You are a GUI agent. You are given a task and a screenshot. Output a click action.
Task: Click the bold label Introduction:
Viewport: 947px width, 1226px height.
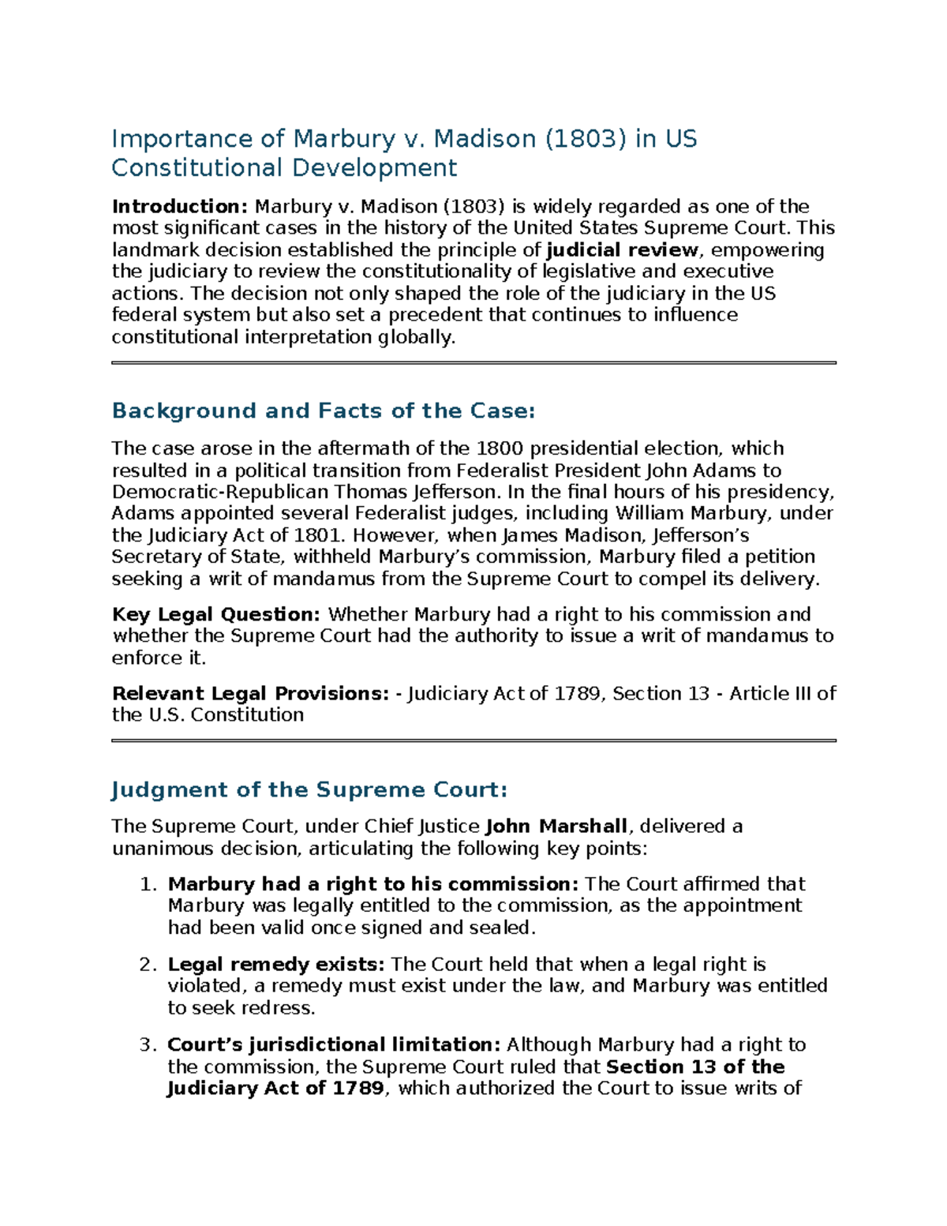pyautogui.click(x=180, y=207)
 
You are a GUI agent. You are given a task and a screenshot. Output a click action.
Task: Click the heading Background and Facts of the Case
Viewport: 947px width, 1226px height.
pyautogui.click(x=323, y=411)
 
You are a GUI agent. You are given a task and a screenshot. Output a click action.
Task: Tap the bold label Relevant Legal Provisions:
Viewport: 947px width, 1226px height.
pyautogui.click(x=250, y=693)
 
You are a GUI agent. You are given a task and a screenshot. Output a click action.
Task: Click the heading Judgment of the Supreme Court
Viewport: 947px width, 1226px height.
pyautogui.click(x=309, y=789)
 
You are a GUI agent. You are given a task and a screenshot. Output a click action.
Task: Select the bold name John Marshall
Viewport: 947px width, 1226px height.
pyautogui.click(x=556, y=827)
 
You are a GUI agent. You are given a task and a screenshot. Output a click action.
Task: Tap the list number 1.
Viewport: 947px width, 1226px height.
pyautogui.click(x=148, y=884)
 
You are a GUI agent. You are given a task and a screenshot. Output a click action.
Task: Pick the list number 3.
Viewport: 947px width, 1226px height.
pyautogui.click(x=148, y=1045)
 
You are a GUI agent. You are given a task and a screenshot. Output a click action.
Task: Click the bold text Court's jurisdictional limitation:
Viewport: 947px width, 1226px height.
pyautogui.click(x=334, y=1045)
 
